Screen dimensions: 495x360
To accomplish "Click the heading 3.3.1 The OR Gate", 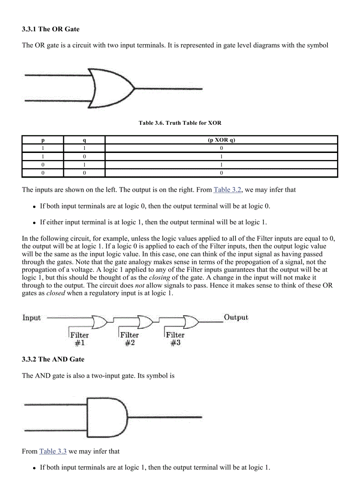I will pos(51,29).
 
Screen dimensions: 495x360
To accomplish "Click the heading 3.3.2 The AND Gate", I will pos(53,359).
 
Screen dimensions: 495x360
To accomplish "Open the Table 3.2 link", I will pos(227,190).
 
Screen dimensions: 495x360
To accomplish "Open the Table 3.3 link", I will pos(53,451).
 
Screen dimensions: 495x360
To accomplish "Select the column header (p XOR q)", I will pos(221,140).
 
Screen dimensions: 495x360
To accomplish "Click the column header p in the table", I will pos(43,140).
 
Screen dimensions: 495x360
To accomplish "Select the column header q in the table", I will pos(84,140).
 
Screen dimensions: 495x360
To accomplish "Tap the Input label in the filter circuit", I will pos(31,318).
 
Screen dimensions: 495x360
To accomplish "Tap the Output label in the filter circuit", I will pos(236,317).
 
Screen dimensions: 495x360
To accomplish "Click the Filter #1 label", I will pos(79,339).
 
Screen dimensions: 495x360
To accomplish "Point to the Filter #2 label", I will pos(129,339).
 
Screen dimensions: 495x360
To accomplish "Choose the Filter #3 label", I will pos(175,339).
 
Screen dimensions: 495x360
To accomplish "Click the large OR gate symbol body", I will pos(110,88).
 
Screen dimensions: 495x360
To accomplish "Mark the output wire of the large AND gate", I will pos(165,417).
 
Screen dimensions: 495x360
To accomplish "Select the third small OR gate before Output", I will pos(191,322).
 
